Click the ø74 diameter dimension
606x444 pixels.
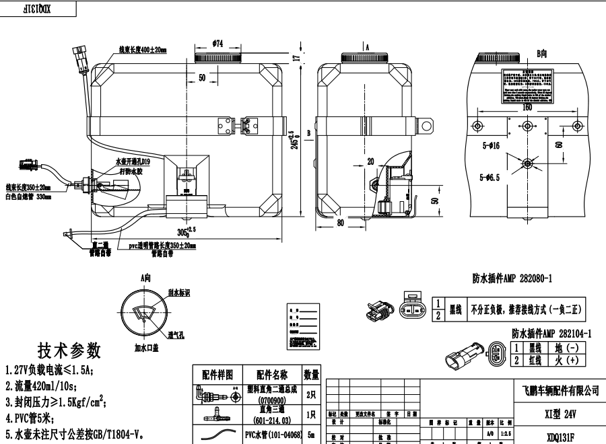point(217,43)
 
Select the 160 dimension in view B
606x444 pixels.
point(526,106)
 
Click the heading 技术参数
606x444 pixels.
point(69,350)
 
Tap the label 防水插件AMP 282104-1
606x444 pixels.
point(551,333)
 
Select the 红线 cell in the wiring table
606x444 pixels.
point(535,361)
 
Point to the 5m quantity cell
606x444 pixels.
point(311,435)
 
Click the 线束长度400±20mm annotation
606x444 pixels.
point(143,50)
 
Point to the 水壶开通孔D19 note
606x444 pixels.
point(133,162)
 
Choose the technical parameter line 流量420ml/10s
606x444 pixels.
point(41,385)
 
